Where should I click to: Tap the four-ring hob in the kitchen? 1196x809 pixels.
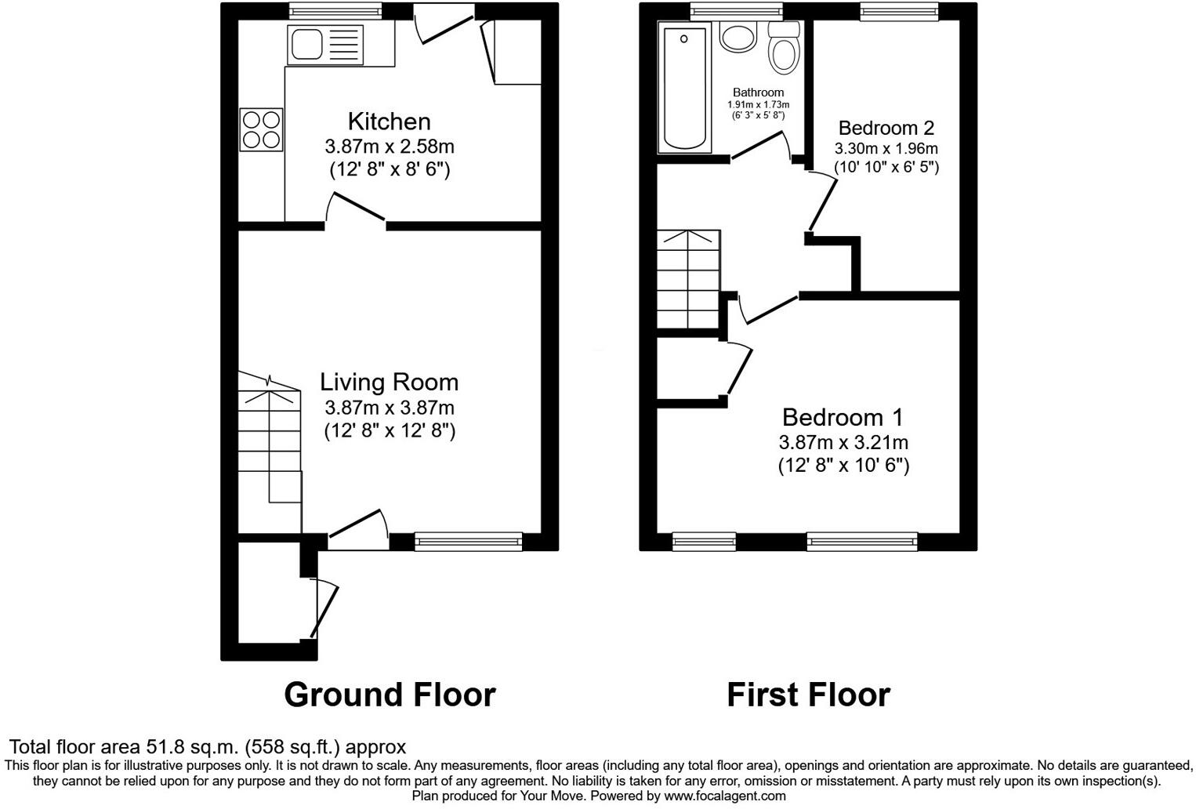click(261, 129)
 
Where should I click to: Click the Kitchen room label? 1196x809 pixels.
click(389, 122)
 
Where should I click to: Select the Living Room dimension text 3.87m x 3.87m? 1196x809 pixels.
click(390, 408)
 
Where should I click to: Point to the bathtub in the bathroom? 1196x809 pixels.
click(687, 88)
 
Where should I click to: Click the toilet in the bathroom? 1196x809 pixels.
click(783, 50)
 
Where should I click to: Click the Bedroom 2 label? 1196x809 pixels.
click(886, 128)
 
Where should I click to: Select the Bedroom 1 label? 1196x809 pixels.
click(843, 416)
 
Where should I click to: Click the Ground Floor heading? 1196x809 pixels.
click(390, 695)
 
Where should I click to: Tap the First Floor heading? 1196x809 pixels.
click(808, 695)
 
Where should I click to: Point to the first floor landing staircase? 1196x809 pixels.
click(687, 279)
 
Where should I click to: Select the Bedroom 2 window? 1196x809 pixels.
click(898, 11)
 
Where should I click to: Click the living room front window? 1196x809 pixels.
click(468, 540)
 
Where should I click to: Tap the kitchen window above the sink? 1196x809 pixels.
click(335, 11)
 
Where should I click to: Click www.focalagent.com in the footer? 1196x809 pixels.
click(724, 796)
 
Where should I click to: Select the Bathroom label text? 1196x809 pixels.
click(758, 93)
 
